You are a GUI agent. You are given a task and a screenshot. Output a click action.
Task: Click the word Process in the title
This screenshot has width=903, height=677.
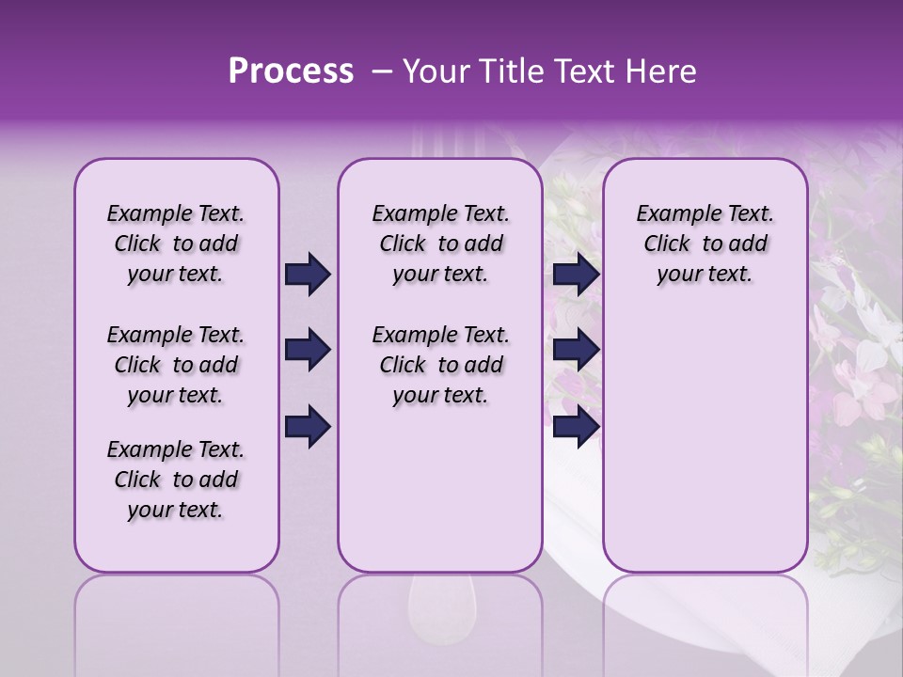coord(291,71)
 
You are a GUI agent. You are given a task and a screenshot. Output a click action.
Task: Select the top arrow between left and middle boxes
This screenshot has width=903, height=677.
coord(308,274)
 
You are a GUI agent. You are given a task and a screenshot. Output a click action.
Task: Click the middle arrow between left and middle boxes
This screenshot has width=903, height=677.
coord(308,351)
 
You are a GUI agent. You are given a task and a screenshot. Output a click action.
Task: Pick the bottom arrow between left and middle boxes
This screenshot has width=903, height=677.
coord(308,427)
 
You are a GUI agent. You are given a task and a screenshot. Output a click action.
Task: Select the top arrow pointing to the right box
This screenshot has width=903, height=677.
coord(576,274)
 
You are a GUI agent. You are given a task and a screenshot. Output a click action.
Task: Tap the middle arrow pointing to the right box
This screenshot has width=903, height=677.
coord(576,351)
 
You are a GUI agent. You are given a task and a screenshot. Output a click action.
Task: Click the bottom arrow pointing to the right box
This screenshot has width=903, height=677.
coord(576,427)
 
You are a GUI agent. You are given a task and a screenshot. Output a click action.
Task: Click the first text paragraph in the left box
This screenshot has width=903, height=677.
coord(176,244)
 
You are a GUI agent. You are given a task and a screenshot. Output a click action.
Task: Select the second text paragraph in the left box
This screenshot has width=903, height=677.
coord(176,365)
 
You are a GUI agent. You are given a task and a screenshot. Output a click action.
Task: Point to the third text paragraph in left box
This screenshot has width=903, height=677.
coord(176,480)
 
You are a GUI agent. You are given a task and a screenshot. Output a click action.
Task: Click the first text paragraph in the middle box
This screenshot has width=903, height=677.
coord(441,244)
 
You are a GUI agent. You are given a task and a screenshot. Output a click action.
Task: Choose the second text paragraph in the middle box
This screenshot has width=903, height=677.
coord(441,365)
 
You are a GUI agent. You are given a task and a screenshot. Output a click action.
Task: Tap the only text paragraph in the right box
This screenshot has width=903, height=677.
coord(705,244)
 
